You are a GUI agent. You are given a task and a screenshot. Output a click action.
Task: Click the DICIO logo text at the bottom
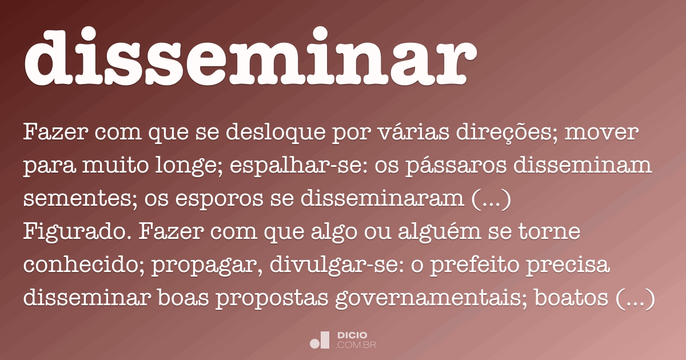[352, 335]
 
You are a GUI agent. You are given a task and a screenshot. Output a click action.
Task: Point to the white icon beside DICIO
[320, 340]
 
